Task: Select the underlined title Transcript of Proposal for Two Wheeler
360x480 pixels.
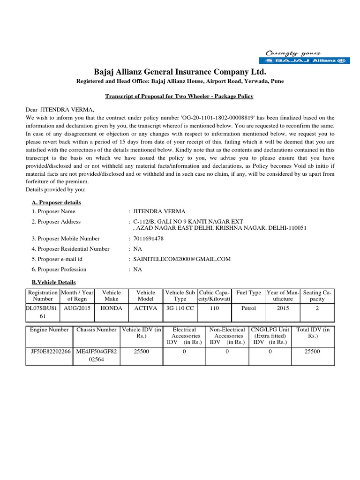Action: pyautogui.click(x=180, y=96)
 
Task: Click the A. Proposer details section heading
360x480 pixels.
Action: pyautogui.click(x=56, y=202)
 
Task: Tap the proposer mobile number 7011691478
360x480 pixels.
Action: pyautogui.click(x=149, y=239)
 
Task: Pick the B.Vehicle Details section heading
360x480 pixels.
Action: pyautogui.click(x=53, y=282)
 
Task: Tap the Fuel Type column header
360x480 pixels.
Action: pyautogui.click(x=248, y=292)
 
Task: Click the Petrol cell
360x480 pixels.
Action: pyautogui.click(x=248, y=309)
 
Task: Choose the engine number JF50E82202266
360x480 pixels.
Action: pyautogui.click(x=49, y=351)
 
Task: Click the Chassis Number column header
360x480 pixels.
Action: pyautogui.click(x=96, y=330)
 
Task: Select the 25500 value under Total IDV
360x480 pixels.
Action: pyautogui.click(x=312, y=351)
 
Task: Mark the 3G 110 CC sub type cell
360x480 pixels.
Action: pyautogui.click(x=180, y=309)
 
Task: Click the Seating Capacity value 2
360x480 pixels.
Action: pyautogui.click(x=317, y=309)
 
